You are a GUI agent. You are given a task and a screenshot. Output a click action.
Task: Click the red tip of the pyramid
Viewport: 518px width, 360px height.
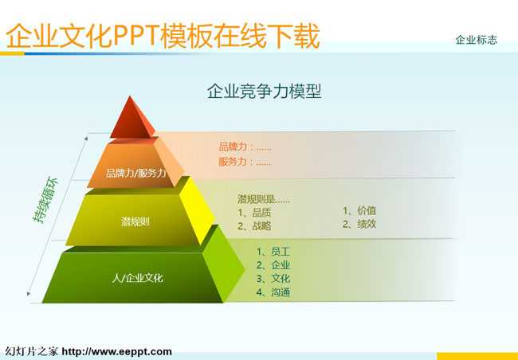[x=132, y=119]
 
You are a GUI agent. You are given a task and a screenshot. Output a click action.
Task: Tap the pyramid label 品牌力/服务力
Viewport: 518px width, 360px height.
[x=135, y=173]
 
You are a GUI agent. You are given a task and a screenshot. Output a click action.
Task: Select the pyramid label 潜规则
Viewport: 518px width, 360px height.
[x=135, y=221]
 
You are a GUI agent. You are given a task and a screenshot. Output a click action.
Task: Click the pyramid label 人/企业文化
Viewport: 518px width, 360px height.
[x=137, y=278]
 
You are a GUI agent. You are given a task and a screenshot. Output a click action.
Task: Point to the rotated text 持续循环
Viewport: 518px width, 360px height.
[x=45, y=200]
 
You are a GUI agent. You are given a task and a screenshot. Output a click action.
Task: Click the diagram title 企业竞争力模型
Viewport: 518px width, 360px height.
[x=264, y=91]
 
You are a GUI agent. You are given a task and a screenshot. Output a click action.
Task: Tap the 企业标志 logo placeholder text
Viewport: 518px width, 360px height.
[x=476, y=40]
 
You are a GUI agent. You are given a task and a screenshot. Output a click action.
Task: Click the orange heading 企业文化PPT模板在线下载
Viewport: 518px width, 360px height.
[x=163, y=35]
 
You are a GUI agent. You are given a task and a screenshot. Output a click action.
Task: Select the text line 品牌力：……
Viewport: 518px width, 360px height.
[x=245, y=147]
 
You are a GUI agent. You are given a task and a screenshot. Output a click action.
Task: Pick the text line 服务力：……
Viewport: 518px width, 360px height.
[x=245, y=162]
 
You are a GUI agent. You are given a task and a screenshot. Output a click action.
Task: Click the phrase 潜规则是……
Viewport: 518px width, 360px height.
[x=263, y=199]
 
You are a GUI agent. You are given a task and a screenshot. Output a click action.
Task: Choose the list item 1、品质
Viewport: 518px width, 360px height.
[x=254, y=213]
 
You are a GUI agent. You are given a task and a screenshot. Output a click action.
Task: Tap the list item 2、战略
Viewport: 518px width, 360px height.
[x=254, y=226]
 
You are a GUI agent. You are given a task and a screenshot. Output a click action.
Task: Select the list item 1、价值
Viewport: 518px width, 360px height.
[x=359, y=211]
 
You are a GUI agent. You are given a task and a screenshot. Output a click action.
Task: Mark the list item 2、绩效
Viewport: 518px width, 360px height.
[x=359, y=224]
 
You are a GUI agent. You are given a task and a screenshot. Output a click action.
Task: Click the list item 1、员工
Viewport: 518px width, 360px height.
[x=273, y=252]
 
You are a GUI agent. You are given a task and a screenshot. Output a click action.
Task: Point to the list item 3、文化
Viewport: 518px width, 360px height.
[x=273, y=279]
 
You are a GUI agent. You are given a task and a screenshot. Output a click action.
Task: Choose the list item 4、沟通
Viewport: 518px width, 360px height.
[x=273, y=292]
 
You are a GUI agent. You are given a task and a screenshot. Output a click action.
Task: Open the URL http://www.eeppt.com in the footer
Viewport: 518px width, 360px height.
[x=116, y=351]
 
